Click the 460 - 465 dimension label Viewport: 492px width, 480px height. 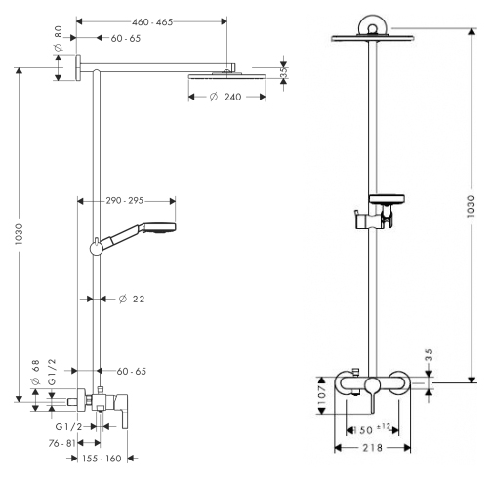152,22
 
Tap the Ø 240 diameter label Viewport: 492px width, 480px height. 225,97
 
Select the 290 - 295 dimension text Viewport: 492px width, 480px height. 124,201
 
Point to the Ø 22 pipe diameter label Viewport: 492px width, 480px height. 132,299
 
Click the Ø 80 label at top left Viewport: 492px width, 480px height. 58,38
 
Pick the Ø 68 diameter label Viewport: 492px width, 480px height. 35,372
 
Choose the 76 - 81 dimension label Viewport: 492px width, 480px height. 61,443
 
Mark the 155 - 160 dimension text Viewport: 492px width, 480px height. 102,459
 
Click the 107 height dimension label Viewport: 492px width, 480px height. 322,395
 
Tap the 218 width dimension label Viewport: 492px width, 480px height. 373,448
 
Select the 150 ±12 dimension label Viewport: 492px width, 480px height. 372,429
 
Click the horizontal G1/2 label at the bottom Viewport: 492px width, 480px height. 69,426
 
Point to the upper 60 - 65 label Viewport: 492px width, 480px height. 126,38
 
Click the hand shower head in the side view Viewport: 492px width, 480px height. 159,228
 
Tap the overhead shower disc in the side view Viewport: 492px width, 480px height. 227,76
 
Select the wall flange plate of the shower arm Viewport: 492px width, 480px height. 78,67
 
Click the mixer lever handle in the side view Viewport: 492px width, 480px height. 125,412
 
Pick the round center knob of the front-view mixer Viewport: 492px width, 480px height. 373,385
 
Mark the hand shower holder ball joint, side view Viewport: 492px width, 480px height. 97,249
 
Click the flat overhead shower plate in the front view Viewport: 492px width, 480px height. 373,38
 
